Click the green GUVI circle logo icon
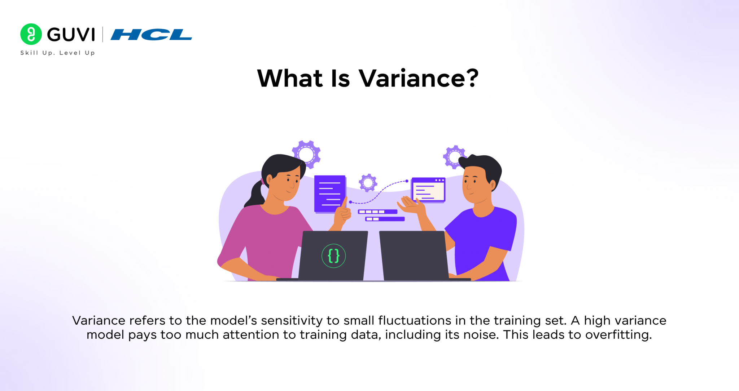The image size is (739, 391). (x=31, y=34)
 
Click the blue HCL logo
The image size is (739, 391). (x=151, y=35)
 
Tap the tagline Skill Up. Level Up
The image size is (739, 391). (x=58, y=53)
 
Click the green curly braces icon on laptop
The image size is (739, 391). (x=333, y=256)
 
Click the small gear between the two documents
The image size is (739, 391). (x=368, y=183)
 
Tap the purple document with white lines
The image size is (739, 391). (x=329, y=194)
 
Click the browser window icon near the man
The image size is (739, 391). (x=429, y=190)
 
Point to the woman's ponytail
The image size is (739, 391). (x=256, y=195)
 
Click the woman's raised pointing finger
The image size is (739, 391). (x=345, y=203)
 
